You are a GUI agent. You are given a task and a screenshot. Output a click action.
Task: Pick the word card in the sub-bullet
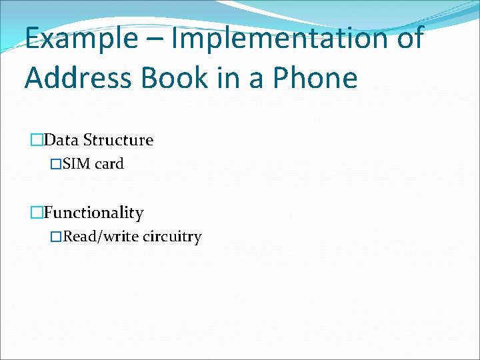109,164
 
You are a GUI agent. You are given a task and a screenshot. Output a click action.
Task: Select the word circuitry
172,237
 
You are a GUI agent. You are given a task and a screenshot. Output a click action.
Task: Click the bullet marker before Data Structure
37,140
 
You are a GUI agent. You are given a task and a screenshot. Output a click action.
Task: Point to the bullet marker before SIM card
57,164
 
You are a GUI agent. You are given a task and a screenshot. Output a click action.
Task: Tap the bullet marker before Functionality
37,213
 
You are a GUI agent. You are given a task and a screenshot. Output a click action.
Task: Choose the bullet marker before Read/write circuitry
57,237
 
